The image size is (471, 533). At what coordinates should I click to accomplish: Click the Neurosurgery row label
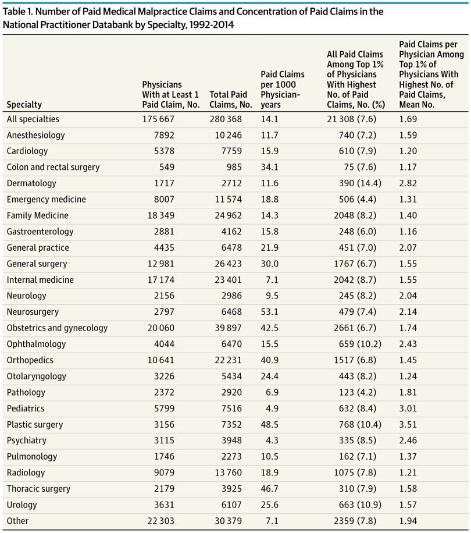(x=33, y=312)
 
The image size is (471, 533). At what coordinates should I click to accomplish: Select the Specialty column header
(x=24, y=105)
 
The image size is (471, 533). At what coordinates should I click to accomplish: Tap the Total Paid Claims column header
(x=231, y=100)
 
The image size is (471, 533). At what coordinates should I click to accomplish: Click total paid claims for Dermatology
(x=231, y=183)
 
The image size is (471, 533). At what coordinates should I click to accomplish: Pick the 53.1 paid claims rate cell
(x=270, y=312)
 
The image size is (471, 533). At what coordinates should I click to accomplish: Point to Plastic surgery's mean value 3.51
(x=408, y=425)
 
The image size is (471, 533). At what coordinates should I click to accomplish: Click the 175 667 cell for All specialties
(x=158, y=119)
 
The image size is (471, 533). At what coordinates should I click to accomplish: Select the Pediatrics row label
(x=26, y=408)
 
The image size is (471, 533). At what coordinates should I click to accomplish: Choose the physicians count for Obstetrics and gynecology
(x=161, y=328)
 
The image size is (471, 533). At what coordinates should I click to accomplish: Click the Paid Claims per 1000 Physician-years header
(x=283, y=90)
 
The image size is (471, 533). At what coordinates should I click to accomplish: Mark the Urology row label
(x=22, y=505)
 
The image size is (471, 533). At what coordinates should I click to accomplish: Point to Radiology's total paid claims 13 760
(x=228, y=473)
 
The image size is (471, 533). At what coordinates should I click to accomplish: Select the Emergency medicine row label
(x=46, y=200)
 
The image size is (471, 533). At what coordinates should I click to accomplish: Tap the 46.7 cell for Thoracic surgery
(x=270, y=489)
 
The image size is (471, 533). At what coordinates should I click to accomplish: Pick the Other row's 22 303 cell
(x=161, y=521)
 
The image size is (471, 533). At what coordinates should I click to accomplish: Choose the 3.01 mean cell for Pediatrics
(x=408, y=408)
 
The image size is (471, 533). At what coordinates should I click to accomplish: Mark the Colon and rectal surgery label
(x=53, y=168)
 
